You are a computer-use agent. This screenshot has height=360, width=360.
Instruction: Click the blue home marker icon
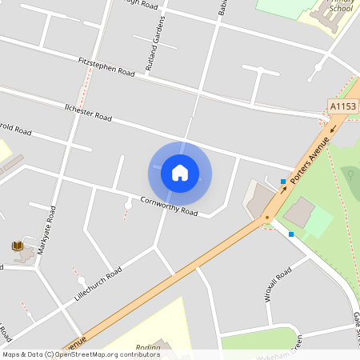(x=180, y=172)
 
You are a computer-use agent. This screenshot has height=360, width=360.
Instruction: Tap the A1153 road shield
(x=342, y=106)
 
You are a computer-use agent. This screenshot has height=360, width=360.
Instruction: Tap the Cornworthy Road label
(x=169, y=206)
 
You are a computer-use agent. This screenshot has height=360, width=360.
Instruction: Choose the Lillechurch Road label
(x=97, y=285)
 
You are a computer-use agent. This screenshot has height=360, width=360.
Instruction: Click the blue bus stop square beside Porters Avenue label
(x=283, y=182)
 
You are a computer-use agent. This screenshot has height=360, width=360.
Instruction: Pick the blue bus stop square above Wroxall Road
(x=291, y=234)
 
